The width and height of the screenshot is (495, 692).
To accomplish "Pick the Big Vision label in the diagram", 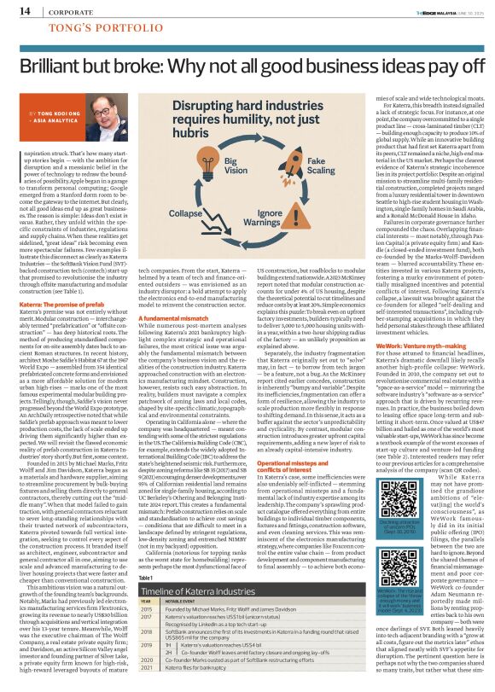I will (236, 162).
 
